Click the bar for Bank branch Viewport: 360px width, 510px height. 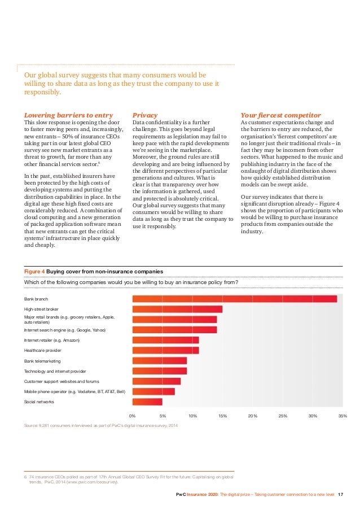234,299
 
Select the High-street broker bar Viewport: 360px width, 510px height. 177,309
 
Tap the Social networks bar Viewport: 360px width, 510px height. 147,402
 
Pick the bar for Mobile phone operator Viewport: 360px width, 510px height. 153,391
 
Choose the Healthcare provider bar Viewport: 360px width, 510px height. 165,350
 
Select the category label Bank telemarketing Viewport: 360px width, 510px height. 42,360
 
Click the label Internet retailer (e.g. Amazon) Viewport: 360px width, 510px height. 51,340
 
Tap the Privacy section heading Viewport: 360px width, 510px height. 144,115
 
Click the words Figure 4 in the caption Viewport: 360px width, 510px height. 34,271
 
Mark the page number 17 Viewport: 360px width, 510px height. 340,495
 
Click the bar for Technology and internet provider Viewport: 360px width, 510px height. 159,370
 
